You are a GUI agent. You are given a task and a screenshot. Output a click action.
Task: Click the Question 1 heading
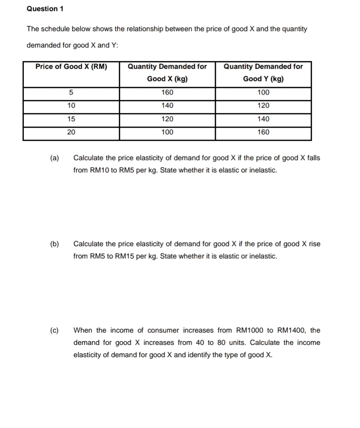45,9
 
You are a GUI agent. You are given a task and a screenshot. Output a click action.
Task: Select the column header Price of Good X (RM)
71,67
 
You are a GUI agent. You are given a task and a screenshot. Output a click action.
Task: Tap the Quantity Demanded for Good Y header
263,72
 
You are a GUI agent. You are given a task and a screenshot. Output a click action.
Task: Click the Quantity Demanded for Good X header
167,72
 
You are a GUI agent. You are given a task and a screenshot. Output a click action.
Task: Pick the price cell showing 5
71,92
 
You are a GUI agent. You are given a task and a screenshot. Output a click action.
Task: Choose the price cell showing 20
71,132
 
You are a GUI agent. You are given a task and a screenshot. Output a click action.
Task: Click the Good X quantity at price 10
167,106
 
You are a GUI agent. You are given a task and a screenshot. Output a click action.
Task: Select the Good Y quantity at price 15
263,119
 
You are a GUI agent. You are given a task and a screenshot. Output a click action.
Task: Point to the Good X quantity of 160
167,92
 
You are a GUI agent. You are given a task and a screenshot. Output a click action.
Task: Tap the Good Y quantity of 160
263,132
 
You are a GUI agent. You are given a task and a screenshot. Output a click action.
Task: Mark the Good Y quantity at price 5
263,92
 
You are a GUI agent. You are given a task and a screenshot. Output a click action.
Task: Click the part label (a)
54,158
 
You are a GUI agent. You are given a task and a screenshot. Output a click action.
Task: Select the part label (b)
54,244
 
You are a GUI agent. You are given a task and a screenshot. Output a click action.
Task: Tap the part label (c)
54,330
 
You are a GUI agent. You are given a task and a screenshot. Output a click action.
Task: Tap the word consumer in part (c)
161,330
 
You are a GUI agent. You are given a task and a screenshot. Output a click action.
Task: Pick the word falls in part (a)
313,158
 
